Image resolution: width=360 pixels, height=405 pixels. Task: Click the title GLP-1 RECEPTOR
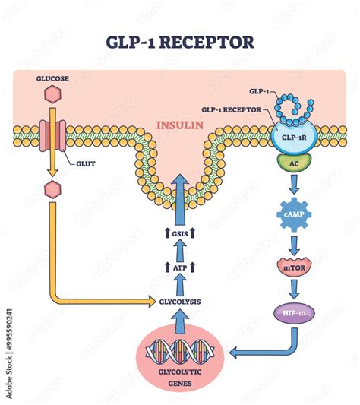(x=180, y=41)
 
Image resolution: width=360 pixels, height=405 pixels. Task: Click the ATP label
(x=180, y=267)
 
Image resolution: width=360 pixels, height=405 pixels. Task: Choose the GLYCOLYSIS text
(x=180, y=301)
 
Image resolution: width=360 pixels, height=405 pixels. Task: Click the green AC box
(x=292, y=163)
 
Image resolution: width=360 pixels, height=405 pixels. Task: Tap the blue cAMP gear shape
(x=292, y=215)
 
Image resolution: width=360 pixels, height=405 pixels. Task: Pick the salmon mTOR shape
(x=292, y=267)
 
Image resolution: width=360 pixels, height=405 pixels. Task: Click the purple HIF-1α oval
(x=292, y=312)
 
